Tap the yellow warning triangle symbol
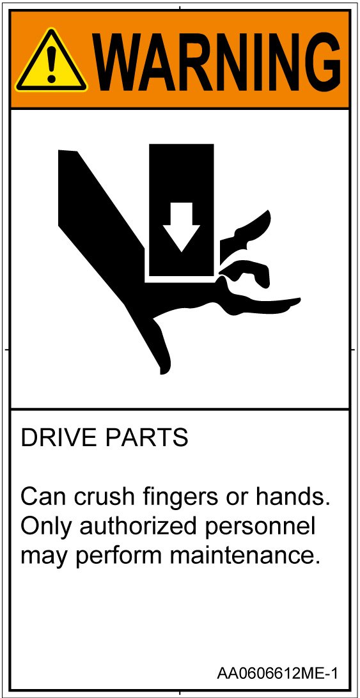tap(51, 61)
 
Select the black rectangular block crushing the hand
tap(182, 210)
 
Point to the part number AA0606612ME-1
tap(277, 672)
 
